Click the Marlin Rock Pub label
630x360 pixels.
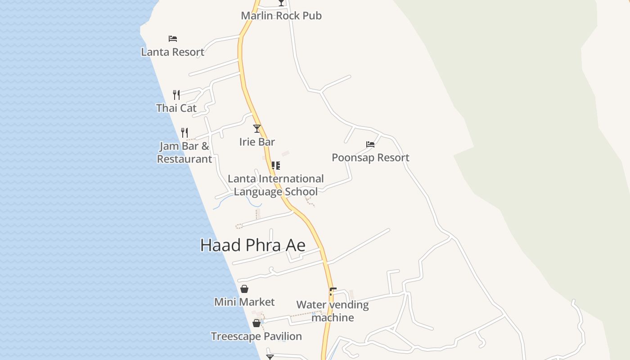pos(281,16)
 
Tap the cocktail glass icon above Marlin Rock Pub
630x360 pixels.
pos(281,3)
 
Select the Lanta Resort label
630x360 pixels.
pos(173,52)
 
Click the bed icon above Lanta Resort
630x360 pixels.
pos(173,39)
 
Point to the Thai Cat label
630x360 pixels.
pos(176,108)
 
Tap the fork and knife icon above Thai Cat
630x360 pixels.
pos(176,95)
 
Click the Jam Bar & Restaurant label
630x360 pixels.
pos(184,153)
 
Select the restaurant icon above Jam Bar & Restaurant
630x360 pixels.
pos(184,133)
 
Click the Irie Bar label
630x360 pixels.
pos(257,142)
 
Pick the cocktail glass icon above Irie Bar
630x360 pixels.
pos(257,129)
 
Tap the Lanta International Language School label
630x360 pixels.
pos(276,185)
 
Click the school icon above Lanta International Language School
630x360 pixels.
pos(276,166)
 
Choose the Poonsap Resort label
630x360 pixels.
pos(370,158)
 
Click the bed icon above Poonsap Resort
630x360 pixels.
pos(370,144)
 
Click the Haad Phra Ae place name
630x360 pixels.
pos(253,246)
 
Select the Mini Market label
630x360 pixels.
pos(244,302)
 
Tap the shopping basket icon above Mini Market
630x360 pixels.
pos(244,289)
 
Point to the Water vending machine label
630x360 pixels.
pos(333,311)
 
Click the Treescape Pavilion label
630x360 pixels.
pos(256,337)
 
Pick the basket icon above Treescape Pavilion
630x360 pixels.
pos(256,323)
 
